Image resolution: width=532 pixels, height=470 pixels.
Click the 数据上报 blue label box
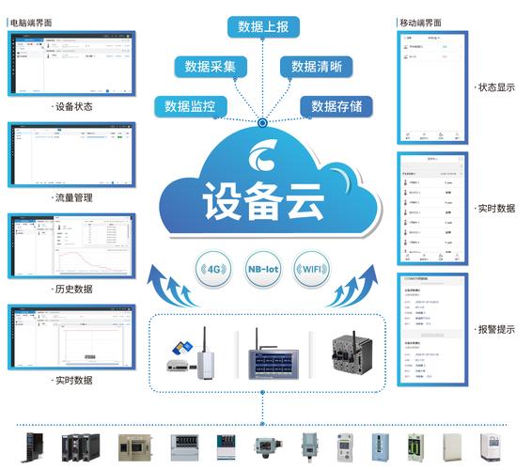[264, 24]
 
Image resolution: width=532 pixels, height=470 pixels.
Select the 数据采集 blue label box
[210, 66]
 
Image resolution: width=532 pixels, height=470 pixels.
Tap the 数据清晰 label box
[316, 66]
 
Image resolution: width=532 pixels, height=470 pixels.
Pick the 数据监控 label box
[190, 105]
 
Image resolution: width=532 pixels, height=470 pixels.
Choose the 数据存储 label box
[336, 105]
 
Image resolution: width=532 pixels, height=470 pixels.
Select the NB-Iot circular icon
[263, 268]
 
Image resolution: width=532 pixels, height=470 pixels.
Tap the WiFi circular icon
[312, 268]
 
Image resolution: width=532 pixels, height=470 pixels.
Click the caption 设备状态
[72, 106]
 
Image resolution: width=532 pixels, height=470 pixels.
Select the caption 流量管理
[72, 197]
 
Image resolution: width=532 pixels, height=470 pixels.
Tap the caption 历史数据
[72, 290]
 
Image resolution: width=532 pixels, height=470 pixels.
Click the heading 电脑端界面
[31, 20]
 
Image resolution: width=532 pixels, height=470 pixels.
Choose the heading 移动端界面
[419, 21]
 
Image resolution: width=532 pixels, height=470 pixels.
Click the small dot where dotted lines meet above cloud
[264, 122]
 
